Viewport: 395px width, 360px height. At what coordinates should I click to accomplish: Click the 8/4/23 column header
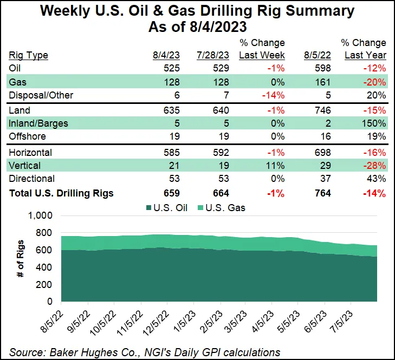[165, 55]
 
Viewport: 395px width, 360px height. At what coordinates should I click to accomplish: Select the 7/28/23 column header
[213, 55]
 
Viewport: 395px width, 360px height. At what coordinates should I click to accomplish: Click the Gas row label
[18, 82]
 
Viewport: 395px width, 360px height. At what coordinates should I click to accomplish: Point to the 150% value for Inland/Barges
[375, 123]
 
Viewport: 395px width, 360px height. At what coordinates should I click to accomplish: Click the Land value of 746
[321, 110]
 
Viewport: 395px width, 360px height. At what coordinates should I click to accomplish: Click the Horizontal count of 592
[221, 152]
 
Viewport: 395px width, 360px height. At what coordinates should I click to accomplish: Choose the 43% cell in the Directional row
[378, 179]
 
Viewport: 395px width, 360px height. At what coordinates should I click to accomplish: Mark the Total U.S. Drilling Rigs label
[61, 193]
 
